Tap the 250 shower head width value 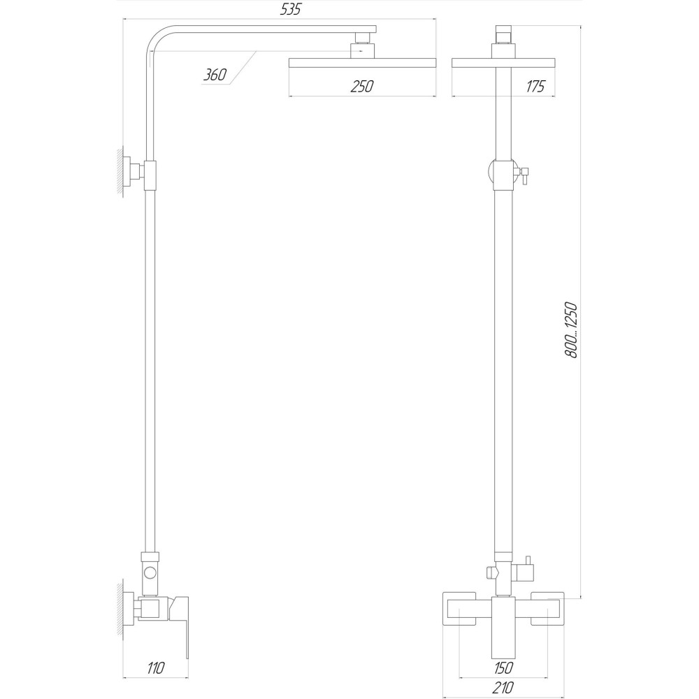362,86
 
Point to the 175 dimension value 535,86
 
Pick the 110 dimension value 156,668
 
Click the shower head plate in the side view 361,62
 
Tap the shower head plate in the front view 504,62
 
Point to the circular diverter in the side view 150,573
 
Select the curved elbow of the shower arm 155,43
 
